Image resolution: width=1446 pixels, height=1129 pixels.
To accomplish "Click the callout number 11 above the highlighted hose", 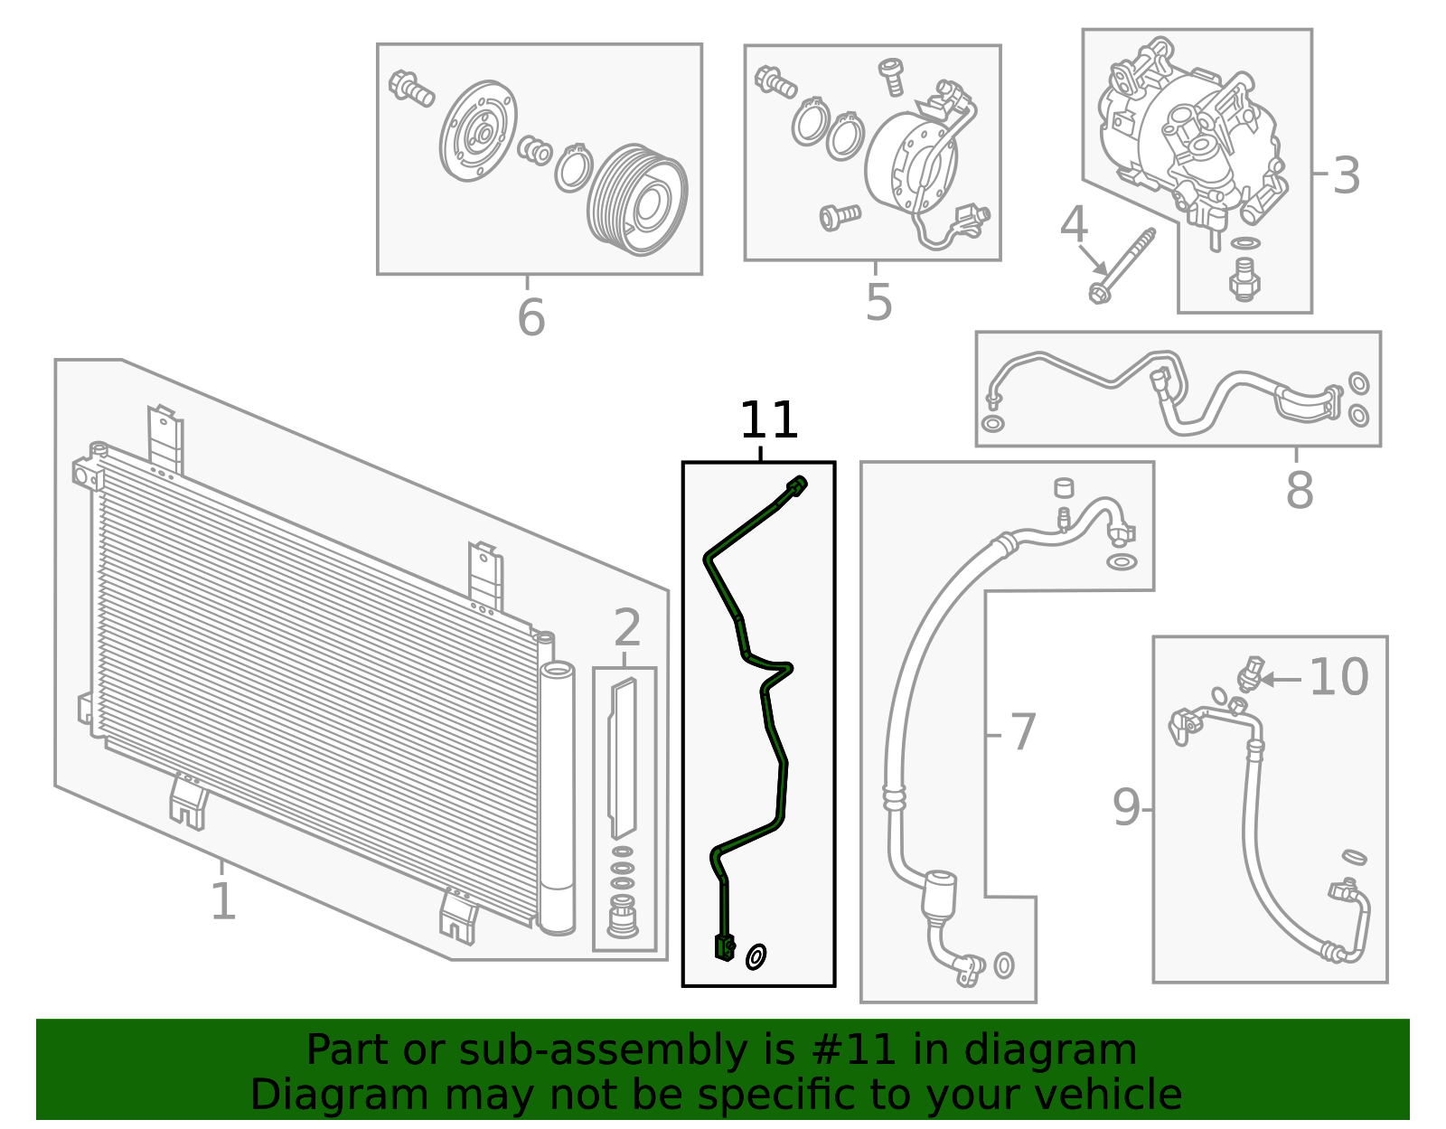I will click(768, 421).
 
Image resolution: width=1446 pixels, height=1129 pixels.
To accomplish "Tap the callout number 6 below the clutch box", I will click(531, 317).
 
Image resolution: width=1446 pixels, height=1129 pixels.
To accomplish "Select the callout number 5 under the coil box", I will click(878, 302).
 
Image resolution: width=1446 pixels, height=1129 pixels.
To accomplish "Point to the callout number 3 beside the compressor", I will click(1346, 175).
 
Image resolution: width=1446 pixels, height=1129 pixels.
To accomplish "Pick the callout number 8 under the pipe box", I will click(1299, 491).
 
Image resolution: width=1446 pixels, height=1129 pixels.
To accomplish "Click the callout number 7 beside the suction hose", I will click(1021, 732).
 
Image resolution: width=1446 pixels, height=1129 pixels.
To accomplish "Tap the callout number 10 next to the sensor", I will click(1338, 677).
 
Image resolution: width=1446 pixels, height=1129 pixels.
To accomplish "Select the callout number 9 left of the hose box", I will click(1125, 807).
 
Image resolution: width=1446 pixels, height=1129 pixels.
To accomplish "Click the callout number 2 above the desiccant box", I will click(626, 627).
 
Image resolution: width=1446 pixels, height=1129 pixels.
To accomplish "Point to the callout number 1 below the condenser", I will click(222, 902).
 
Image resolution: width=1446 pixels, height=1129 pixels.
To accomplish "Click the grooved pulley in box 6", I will click(637, 200).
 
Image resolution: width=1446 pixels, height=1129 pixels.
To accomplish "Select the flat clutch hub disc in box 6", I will click(478, 133).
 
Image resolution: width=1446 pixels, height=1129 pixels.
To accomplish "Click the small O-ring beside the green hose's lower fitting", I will click(756, 956).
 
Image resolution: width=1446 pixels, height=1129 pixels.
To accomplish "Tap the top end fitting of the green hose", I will click(796, 486).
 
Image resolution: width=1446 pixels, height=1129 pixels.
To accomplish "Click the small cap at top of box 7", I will click(1064, 487).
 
